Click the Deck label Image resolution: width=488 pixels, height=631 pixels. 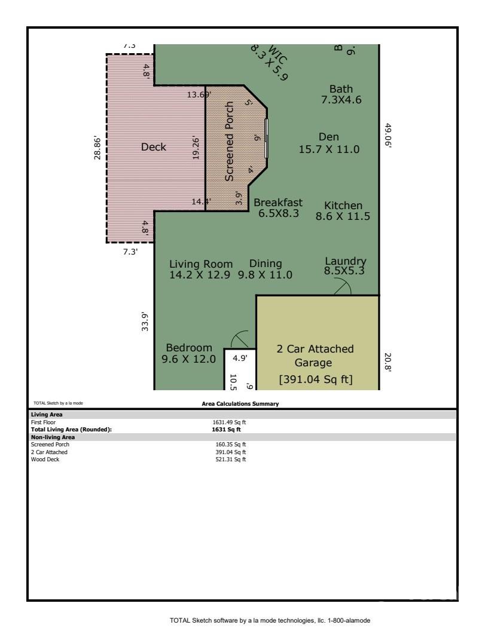click(153, 147)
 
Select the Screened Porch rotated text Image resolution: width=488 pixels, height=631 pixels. click(229, 149)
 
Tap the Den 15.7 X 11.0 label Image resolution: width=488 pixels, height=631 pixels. click(329, 143)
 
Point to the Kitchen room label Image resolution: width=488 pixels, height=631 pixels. click(343, 211)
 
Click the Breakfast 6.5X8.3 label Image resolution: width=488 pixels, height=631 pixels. click(278, 207)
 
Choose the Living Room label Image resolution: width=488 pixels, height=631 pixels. click(200, 269)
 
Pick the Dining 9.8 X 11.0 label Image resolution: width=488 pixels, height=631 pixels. click(265, 269)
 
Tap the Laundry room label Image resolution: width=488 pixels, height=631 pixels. click(344, 266)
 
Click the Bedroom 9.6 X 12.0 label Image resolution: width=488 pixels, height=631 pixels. click(189, 353)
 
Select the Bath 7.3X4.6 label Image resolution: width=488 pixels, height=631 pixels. click(341, 94)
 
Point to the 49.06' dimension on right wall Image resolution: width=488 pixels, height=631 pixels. click(388, 136)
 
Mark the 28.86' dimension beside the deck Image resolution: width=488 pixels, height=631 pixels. click(98, 148)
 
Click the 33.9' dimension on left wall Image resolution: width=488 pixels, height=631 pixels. click(145, 325)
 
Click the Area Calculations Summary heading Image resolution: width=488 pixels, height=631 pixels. click(240, 404)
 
